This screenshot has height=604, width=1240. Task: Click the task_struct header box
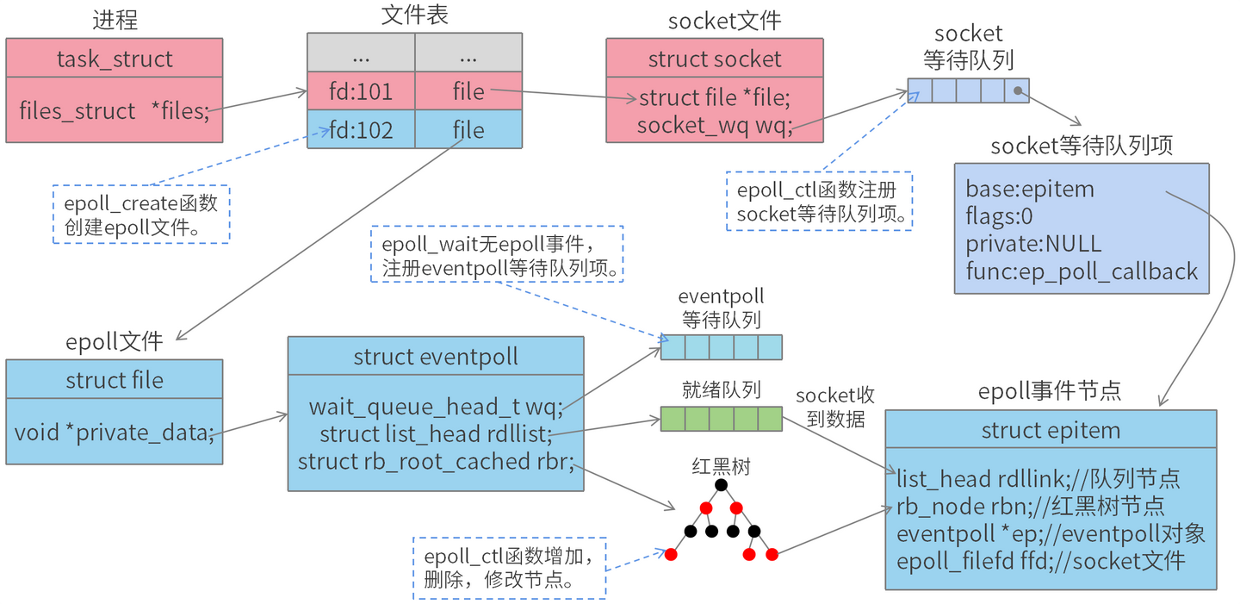115,59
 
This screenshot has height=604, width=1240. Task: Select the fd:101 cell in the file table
361,90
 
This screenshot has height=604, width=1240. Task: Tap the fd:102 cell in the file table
361,130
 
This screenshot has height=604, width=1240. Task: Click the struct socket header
714,59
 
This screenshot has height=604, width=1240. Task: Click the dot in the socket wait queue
1017,90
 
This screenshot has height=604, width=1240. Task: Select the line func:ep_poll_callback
1081,271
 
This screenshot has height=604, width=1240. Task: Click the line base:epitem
1029,190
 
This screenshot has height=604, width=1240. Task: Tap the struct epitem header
1051,430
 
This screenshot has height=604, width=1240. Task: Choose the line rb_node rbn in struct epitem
1030,506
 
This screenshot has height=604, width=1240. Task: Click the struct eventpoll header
436,357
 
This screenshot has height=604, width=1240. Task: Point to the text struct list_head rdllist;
435,433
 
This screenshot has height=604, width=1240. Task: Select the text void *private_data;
114,432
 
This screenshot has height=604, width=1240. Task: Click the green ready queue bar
721,419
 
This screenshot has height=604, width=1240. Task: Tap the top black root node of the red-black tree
721,485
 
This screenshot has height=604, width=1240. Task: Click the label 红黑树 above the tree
721,466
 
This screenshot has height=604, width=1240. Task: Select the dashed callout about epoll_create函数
141,215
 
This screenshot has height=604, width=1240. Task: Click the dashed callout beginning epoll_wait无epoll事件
497,254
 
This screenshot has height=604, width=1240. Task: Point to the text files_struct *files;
114,111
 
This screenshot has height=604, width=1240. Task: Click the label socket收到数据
834,408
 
